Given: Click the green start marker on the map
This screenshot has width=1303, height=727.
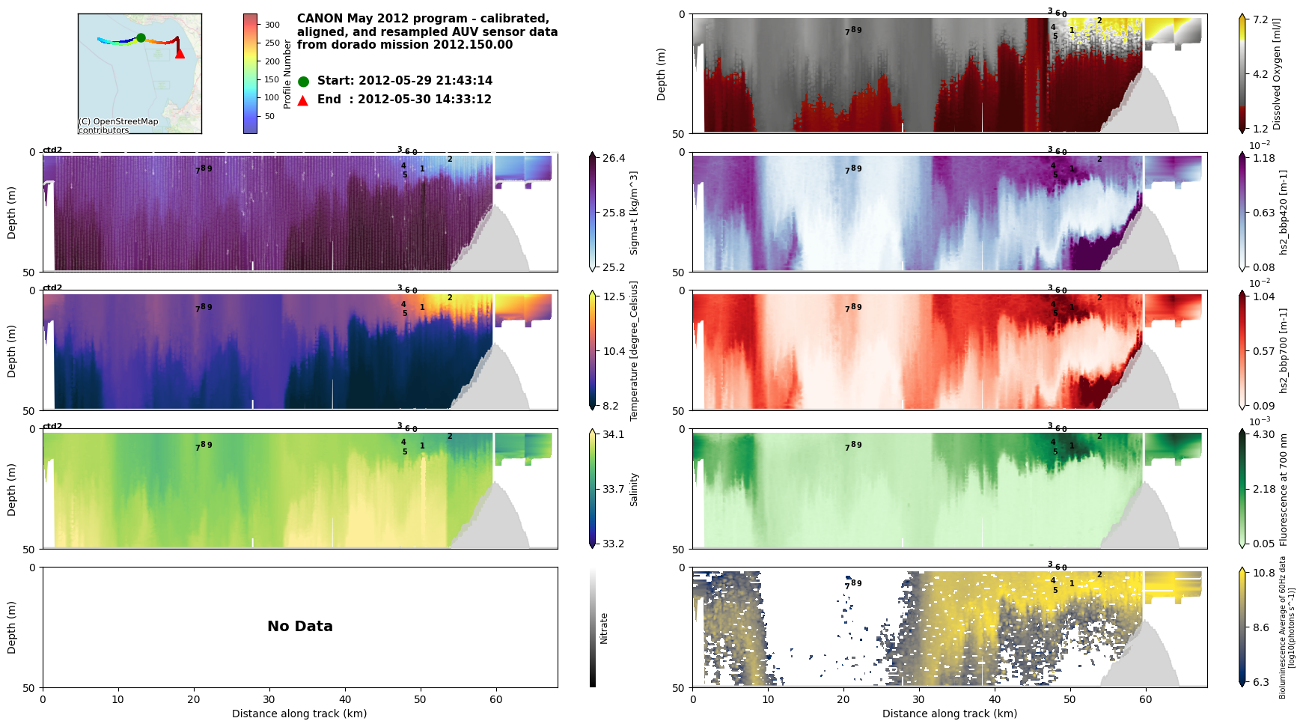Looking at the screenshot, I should [141, 37].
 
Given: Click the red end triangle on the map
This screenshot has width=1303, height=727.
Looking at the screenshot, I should [180, 53].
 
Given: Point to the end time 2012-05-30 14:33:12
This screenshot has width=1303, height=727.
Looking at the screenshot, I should [424, 100].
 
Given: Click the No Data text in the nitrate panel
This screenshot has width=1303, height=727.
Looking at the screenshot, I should [300, 627].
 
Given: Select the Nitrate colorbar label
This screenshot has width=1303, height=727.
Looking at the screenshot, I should [604, 628].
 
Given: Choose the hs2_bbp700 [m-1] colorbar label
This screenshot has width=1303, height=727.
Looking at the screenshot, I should [1284, 350].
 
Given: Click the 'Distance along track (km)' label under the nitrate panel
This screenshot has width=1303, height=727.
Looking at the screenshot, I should [299, 714].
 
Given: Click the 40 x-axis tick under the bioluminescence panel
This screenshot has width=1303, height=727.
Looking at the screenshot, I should [995, 699].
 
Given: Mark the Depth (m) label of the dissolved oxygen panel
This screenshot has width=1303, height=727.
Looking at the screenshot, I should [662, 74].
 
